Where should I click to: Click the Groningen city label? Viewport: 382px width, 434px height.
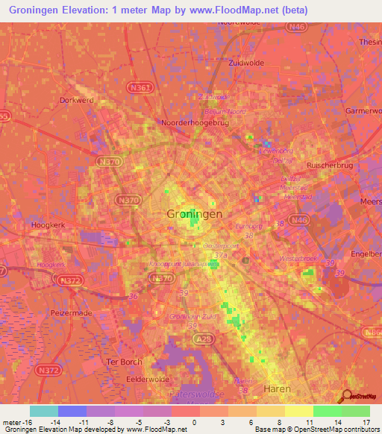tap(192, 213)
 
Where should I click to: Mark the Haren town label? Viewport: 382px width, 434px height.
tap(278, 389)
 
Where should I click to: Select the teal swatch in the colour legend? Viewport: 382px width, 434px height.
tap(44, 411)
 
